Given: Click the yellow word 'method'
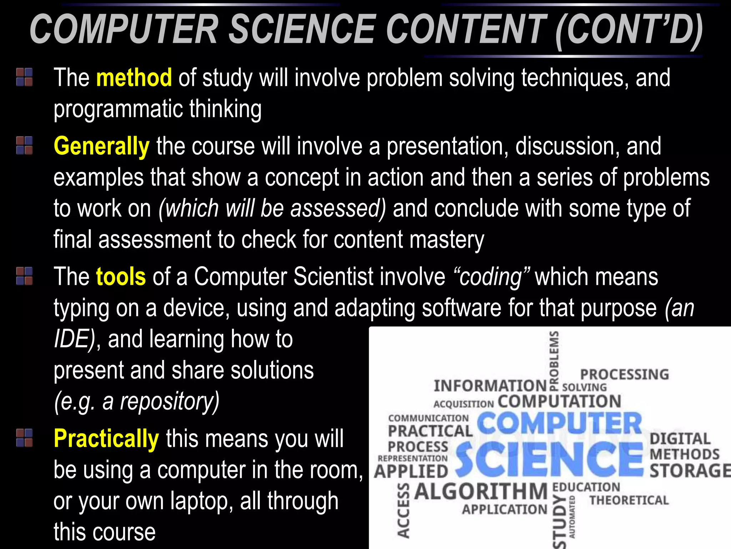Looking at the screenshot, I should (134, 78).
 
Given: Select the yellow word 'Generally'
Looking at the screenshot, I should (101, 147).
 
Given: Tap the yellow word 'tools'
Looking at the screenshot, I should (121, 277).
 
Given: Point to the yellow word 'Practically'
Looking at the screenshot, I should (106, 439).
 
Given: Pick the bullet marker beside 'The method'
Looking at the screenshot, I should (24, 77).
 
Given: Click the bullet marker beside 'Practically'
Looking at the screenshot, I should (24, 438).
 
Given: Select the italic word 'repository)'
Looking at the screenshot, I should (170, 401).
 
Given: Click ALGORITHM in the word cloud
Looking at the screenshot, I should (481, 491).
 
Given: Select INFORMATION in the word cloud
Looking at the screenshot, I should (490, 386).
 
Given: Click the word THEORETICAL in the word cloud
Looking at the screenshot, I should (629, 500).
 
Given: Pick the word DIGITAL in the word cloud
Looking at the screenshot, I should (680, 439).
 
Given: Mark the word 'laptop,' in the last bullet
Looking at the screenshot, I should (202, 501).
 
